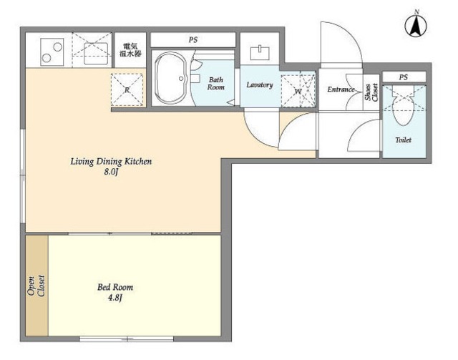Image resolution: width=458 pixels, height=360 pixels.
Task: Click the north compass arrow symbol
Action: [x=416, y=26]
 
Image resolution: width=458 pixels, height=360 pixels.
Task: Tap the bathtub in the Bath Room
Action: [x=170, y=78]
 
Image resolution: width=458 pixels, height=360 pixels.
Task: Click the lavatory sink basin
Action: [x=260, y=52]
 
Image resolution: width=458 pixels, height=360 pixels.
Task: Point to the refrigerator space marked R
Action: [x=127, y=89]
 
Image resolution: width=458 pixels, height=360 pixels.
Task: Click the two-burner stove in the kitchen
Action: [x=52, y=52]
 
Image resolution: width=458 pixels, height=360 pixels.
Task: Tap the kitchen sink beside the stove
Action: [x=96, y=54]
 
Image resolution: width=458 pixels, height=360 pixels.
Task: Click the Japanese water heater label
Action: [x=130, y=50]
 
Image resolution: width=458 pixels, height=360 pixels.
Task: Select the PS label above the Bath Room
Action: [x=193, y=40]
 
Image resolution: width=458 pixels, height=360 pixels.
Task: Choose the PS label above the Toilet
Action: [x=404, y=77]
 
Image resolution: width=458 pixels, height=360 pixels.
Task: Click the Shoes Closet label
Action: [x=371, y=92]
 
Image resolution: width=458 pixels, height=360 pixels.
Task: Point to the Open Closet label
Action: [x=36, y=286]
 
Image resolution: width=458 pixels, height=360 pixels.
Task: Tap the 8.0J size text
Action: [x=111, y=172]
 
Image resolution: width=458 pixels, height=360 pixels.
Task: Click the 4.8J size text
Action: [x=115, y=298]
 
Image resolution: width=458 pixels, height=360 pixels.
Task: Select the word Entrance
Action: [x=341, y=89]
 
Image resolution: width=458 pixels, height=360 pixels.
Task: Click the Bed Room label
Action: [x=115, y=287]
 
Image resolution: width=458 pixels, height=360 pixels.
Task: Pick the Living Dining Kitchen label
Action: [x=111, y=161]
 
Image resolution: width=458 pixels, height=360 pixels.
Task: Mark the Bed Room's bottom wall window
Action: [x=127, y=339]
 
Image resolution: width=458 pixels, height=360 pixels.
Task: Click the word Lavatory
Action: [x=260, y=85]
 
